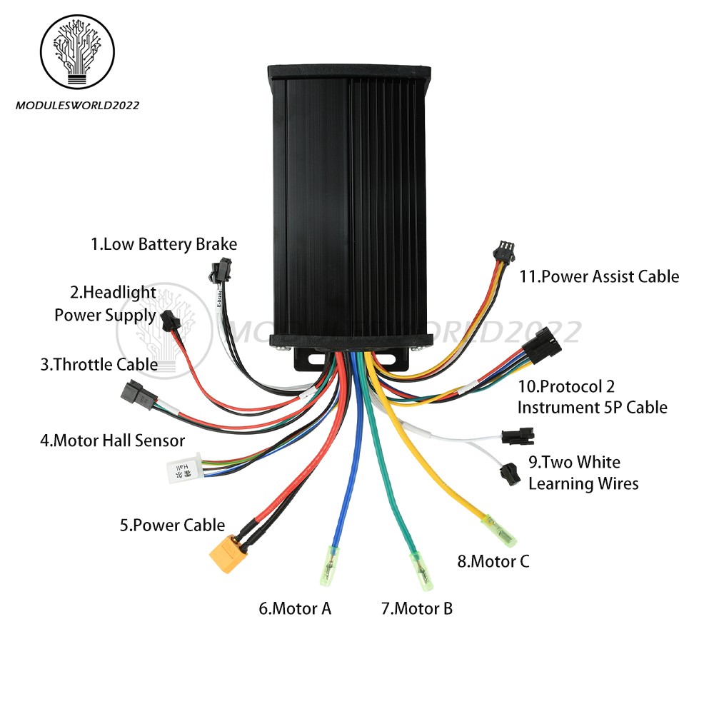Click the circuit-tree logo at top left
[x=77, y=51]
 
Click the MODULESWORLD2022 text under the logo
[x=77, y=106]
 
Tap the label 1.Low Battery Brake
[x=164, y=244]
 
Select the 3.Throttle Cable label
[x=99, y=365]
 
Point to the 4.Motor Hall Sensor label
[x=113, y=441]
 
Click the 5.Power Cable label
[x=172, y=525]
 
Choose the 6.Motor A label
[x=295, y=609]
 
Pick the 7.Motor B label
[x=417, y=609]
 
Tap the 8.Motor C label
[x=493, y=561]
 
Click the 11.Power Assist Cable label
[x=599, y=276]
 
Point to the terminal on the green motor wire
[x=422, y=571]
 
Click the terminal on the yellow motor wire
[x=499, y=531]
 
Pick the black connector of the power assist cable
[x=503, y=251]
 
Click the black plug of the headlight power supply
[x=171, y=320]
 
